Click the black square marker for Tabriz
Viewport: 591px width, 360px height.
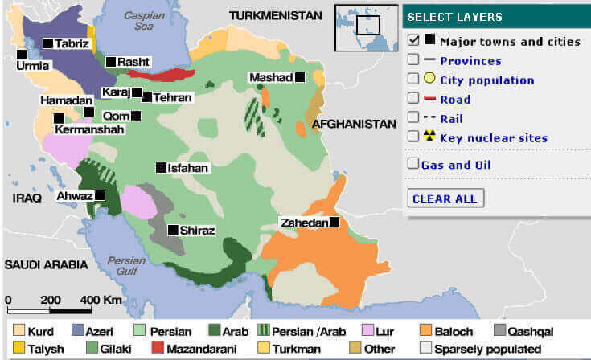pos(49,43)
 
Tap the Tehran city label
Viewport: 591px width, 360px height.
pos(174,97)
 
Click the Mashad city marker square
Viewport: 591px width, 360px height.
pos(299,77)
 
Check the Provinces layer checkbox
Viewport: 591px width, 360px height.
pos(413,60)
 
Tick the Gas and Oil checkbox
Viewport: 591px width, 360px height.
pos(413,165)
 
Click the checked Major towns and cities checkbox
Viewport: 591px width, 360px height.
pos(413,40)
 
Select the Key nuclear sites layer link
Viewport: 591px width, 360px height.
pos(494,138)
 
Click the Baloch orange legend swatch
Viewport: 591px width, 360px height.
pos(425,331)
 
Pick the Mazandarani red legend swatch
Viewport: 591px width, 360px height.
pos(158,349)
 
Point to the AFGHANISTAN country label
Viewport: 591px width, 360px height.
pos(355,125)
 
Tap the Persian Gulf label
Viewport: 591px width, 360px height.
pos(126,266)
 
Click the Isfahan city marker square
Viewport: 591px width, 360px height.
pos(160,168)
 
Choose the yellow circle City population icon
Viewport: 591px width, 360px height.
pos(429,80)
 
